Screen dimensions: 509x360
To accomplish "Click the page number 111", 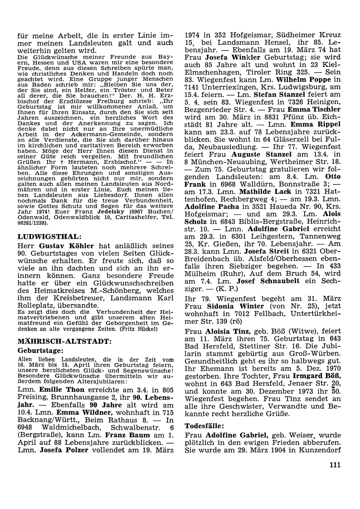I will pyautogui.click(x=334, y=465).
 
